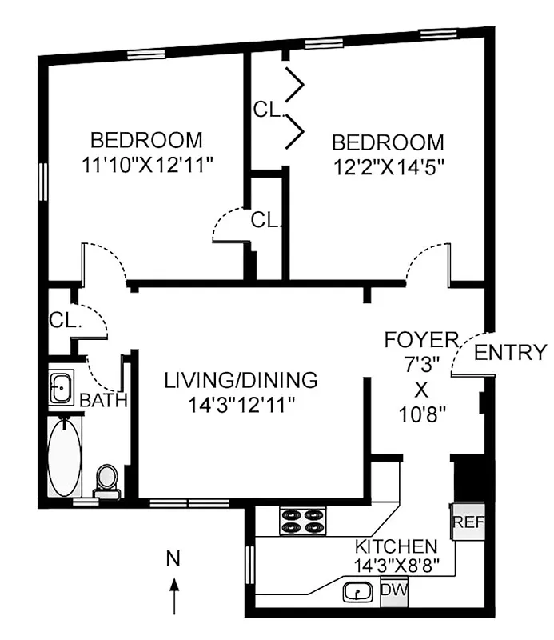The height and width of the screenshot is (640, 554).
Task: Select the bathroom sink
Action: pyautogui.click(x=61, y=389)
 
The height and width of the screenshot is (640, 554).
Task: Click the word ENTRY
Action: pyautogui.click(x=511, y=353)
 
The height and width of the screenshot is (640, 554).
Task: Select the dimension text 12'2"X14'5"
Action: pyautogui.click(x=388, y=167)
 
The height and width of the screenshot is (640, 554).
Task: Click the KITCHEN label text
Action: pyautogui.click(x=397, y=547)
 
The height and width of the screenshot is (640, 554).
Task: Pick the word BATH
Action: pyautogui.click(x=103, y=400)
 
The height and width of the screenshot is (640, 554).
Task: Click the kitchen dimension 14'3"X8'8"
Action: pyautogui.click(x=397, y=566)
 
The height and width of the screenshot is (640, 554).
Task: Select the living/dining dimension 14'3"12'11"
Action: pyautogui.click(x=241, y=405)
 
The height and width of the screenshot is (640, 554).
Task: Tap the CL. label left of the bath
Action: pyautogui.click(x=66, y=322)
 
